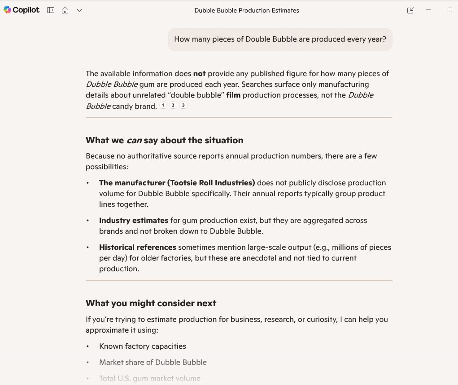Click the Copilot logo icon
7,10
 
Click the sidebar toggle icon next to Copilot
51,10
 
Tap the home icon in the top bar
65,10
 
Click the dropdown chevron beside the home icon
79,10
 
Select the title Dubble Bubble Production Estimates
246,10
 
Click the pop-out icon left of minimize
410,10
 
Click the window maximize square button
450,10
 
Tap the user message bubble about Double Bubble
280,39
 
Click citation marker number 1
163,105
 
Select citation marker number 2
173,105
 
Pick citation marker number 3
183,105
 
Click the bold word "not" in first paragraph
199,73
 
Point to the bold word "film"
233,95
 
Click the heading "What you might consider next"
151,303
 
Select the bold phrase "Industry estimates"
134,220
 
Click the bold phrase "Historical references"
138,247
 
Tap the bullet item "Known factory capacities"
143,346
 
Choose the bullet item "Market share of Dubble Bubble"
153,362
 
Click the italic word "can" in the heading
134,140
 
